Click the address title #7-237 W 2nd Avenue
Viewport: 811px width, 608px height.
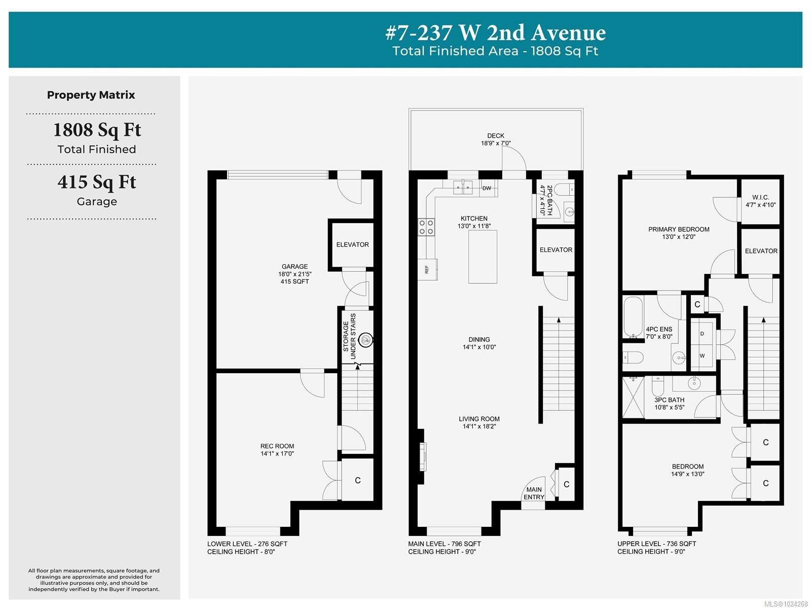(x=495, y=33)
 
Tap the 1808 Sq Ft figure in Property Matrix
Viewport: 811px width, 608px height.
(x=97, y=130)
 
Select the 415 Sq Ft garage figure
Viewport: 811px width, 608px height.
(x=97, y=182)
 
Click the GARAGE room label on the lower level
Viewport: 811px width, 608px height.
(x=294, y=267)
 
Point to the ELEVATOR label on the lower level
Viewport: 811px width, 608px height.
(x=352, y=244)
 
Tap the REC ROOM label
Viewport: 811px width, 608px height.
(x=277, y=446)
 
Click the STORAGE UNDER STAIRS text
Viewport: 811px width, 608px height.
(x=349, y=336)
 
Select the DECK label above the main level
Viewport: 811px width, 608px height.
(x=496, y=136)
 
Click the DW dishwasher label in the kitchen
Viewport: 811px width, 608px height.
(x=487, y=188)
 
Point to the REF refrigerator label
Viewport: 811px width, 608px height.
(x=427, y=269)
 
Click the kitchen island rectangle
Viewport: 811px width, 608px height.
(x=483, y=257)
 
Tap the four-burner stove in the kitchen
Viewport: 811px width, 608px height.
(x=426, y=227)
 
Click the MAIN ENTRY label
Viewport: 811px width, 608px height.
(x=534, y=493)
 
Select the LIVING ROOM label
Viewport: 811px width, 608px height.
(x=479, y=419)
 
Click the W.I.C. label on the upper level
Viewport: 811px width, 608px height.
(x=760, y=197)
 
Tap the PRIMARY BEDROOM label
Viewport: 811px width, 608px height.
(x=679, y=229)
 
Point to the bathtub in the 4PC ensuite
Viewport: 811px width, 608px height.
(x=633, y=317)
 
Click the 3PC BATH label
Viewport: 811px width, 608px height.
(x=669, y=400)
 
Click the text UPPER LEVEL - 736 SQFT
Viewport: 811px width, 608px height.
(x=656, y=544)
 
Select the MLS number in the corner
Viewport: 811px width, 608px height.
(x=786, y=603)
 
